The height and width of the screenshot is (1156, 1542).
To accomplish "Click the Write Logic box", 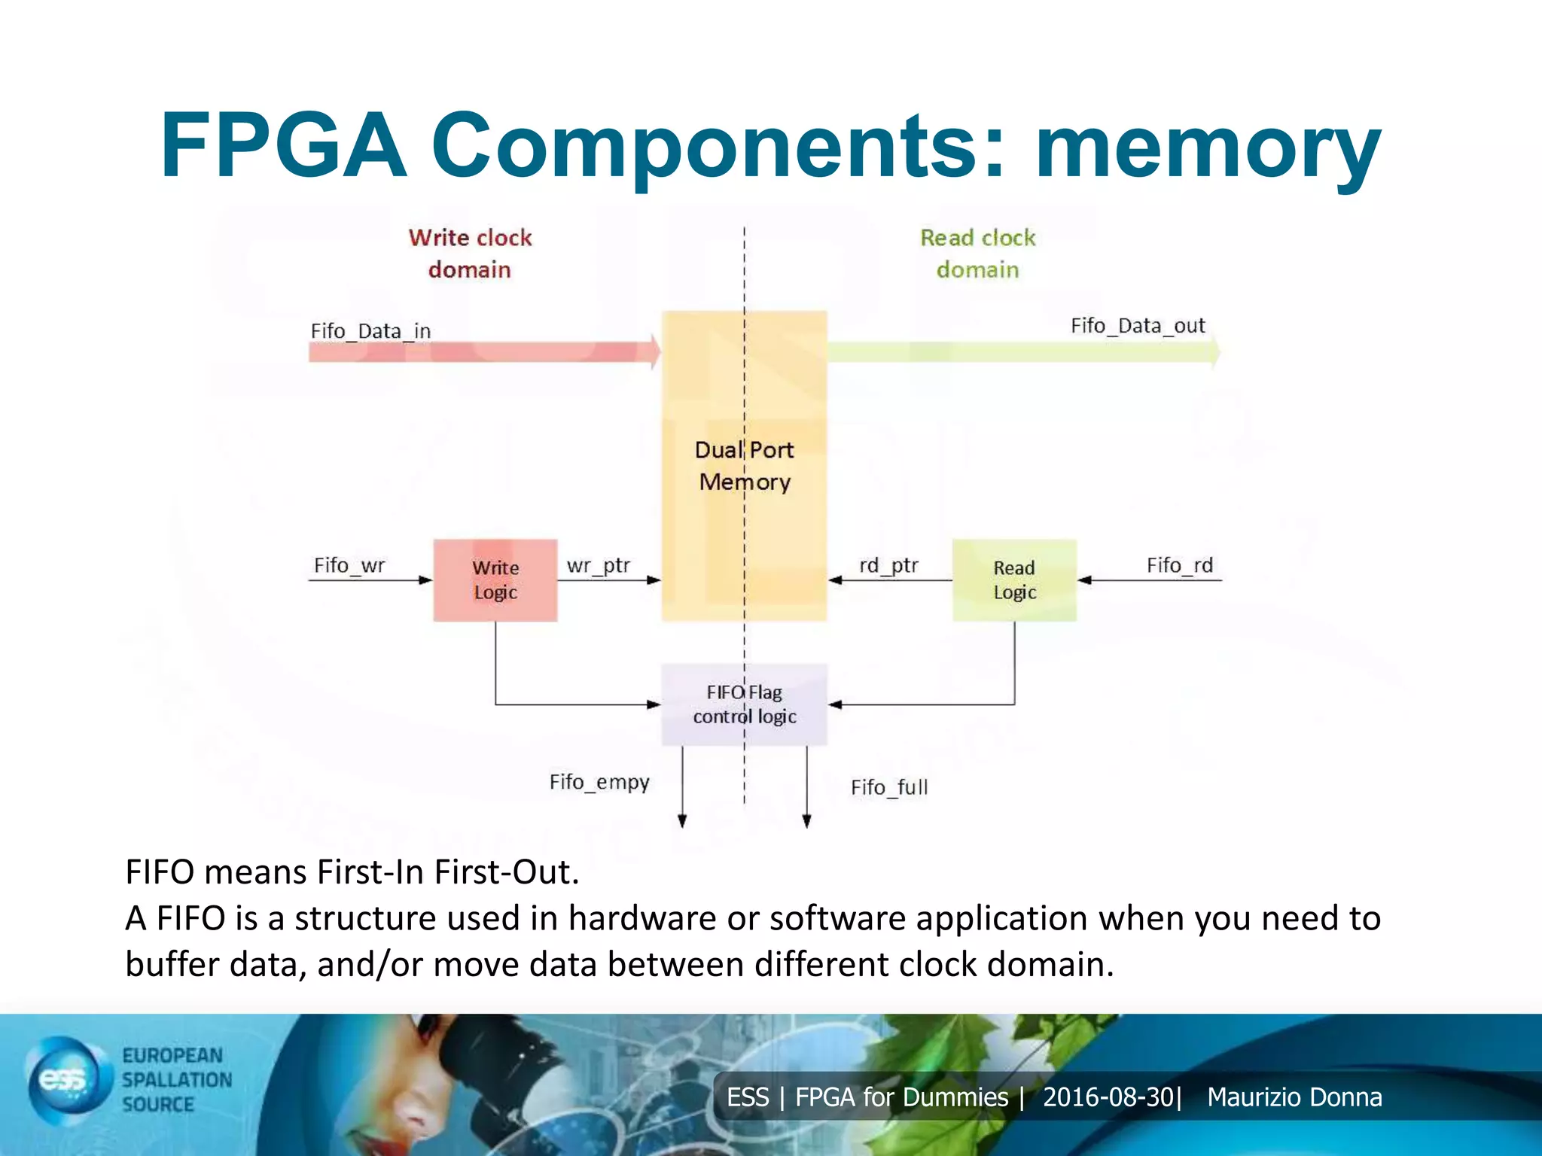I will [495, 580].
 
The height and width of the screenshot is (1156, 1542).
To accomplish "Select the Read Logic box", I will [1014, 580].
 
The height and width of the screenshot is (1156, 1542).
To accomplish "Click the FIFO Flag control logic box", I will [744, 704].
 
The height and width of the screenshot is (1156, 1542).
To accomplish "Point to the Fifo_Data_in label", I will [370, 331].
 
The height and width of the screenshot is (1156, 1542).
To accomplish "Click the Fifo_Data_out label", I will [1138, 326].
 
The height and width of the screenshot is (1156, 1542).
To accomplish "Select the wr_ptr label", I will [598, 565].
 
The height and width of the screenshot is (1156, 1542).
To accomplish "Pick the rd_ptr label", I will [888, 565].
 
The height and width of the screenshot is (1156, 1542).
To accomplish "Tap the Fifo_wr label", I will [349, 565].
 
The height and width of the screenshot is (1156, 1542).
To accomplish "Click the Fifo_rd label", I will [1179, 565].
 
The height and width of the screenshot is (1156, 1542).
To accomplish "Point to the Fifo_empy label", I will [599, 783].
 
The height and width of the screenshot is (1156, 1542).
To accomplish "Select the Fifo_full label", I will [889, 787].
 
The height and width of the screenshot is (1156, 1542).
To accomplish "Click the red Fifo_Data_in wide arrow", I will [482, 351].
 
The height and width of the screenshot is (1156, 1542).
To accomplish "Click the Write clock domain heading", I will [470, 254].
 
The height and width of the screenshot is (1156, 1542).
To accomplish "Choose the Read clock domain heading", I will [977, 254].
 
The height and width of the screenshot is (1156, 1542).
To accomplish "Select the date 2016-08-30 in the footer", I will [1108, 1097].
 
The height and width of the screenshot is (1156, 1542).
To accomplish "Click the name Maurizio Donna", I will [1294, 1097].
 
